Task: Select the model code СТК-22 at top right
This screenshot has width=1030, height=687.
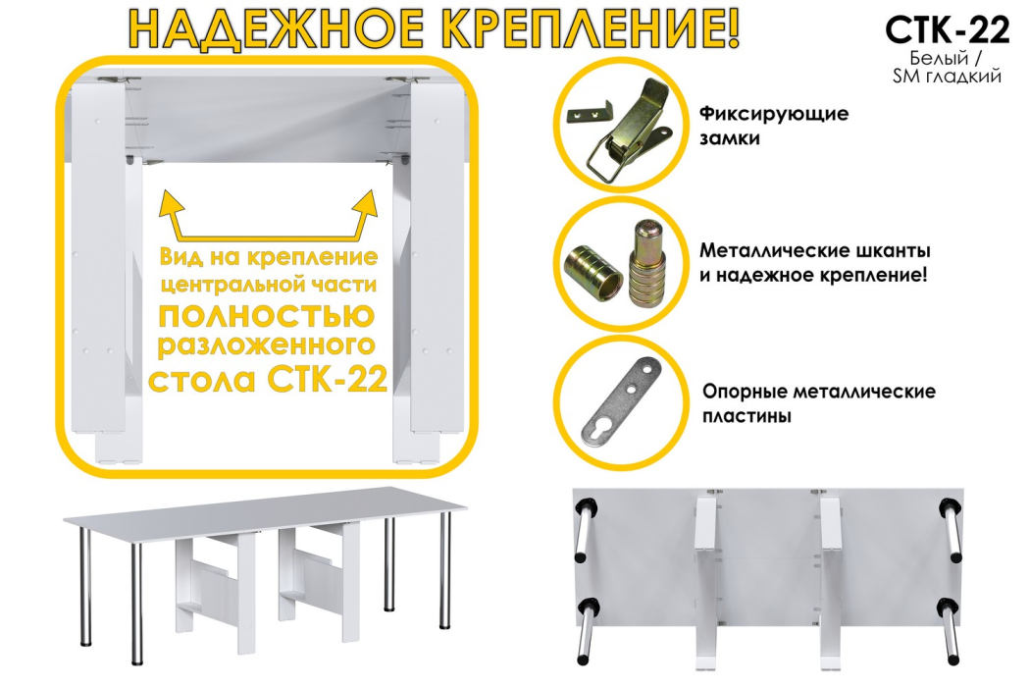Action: [x=946, y=30]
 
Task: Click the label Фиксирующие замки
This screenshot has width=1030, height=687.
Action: [x=774, y=126]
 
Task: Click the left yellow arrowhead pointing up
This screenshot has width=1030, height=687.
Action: [x=173, y=205]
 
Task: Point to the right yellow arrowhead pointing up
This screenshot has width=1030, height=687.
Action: [x=367, y=202]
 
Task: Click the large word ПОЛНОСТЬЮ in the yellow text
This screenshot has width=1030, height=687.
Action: [x=266, y=318]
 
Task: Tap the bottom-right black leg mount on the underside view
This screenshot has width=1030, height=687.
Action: [x=948, y=605]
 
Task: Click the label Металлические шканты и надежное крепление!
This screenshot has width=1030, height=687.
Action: [x=813, y=263]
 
